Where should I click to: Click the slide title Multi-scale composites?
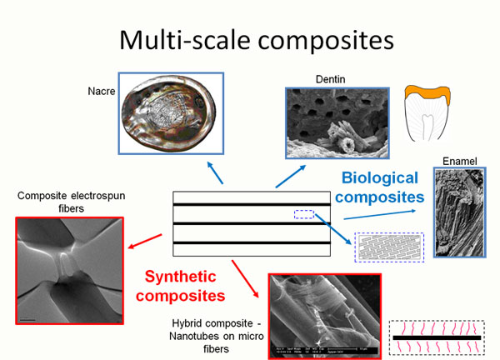tap(249, 37)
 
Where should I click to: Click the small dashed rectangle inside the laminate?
tap(304, 215)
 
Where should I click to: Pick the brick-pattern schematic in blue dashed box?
tap(389, 246)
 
